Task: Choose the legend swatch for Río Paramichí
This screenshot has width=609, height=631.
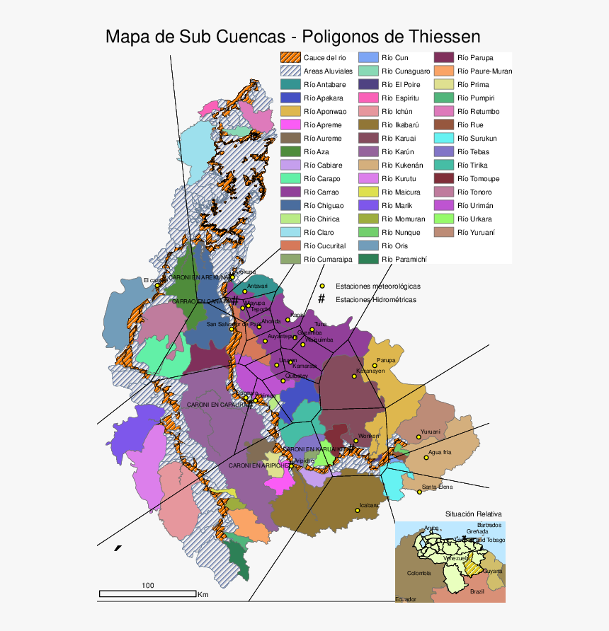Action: point(368,259)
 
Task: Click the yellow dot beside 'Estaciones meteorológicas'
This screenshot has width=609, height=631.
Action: point(321,286)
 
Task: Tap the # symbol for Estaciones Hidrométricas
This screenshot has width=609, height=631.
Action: point(321,299)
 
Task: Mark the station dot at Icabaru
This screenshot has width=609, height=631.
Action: point(355,511)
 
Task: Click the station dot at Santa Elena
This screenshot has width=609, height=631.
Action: point(419,492)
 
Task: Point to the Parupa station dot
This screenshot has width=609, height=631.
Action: point(375,366)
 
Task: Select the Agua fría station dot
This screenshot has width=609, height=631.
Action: point(426,458)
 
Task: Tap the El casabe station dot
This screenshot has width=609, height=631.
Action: point(157,285)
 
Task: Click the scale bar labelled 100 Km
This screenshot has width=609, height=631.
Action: point(147,593)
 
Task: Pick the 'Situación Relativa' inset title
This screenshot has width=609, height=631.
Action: point(473,514)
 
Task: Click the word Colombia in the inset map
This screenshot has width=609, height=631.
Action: point(419,573)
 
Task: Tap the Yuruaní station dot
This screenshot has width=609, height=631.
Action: point(418,437)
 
